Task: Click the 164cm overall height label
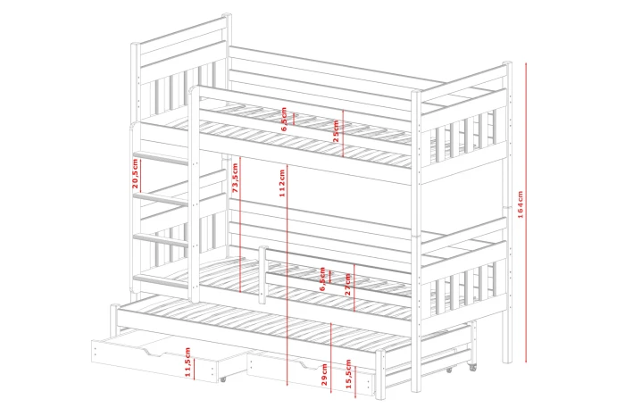pyautogui.click(x=521, y=204)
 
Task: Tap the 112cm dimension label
pyautogui.click(x=282, y=183)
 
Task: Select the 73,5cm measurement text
pyautogui.click(x=235, y=178)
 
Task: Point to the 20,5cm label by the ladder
pyautogui.click(x=135, y=173)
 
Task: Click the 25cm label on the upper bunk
pyautogui.click(x=336, y=131)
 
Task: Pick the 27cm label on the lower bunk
pyautogui.click(x=348, y=284)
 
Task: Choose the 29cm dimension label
pyautogui.click(x=324, y=375)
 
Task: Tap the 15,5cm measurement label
pyautogui.click(x=348, y=374)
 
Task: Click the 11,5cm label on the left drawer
pyautogui.click(x=187, y=362)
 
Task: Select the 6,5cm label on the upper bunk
pyautogui.click(x=284, y=119)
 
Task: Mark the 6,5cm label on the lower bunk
pyautogui.click(x=322, y=279)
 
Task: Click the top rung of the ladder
pyautogui.click(x=161, y=157)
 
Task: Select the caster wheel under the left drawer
pyautogui.click(x=223, y=379)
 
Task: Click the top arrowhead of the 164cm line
pyautogui.click(x=526, y=64)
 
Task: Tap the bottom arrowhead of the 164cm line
pyautogui.click(x=526, y=361)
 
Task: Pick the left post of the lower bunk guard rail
pyautogui.click(x=262, y=275)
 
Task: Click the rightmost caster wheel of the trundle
pyautogui.click(x=473, y=368)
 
